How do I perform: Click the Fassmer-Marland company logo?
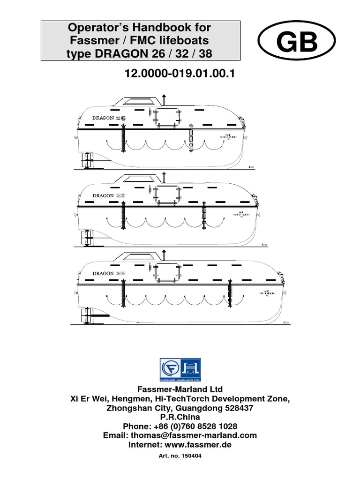click(x=180, y=368)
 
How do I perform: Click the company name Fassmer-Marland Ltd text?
click(x=180, y=390)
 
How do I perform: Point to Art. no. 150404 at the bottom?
click(x=180, y=456)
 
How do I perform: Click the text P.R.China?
click(x=180, y=417)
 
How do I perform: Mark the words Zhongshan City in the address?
click(x=133, y=408)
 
